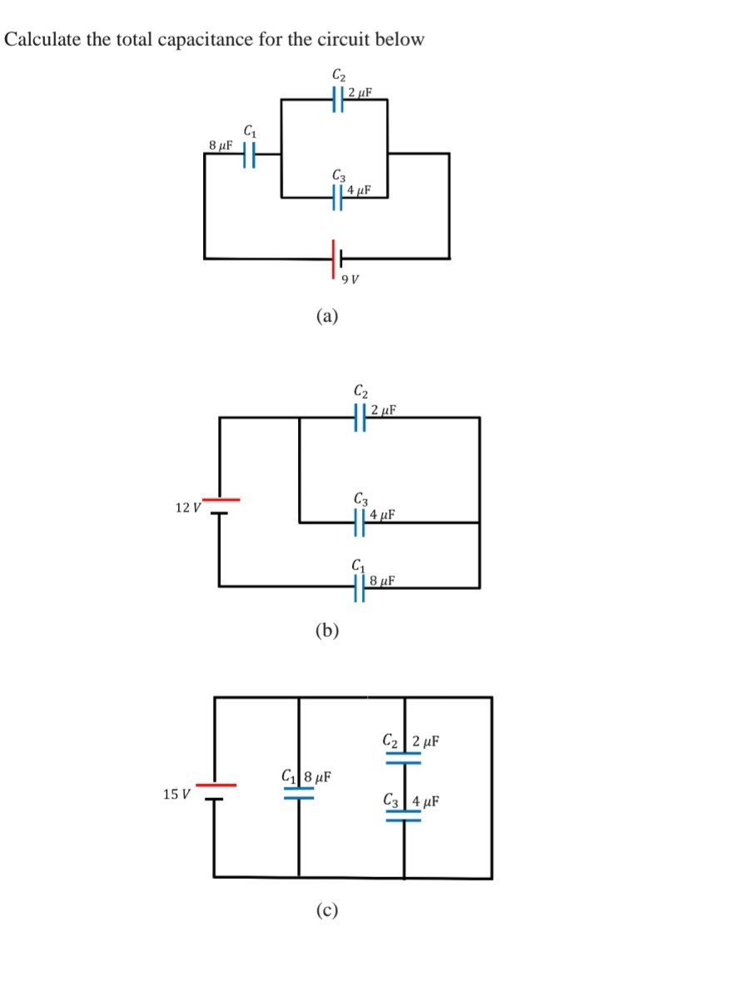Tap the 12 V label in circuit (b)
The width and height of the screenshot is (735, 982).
188,507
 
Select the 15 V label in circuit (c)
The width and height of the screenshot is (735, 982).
176,794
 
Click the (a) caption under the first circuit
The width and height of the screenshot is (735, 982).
327,316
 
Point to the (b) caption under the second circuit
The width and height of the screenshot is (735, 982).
327,630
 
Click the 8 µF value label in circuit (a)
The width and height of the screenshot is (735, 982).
220,145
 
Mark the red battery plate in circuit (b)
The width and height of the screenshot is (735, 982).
220,500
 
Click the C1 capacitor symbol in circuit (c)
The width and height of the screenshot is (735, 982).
298,793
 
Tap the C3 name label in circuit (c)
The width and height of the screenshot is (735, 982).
391,802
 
